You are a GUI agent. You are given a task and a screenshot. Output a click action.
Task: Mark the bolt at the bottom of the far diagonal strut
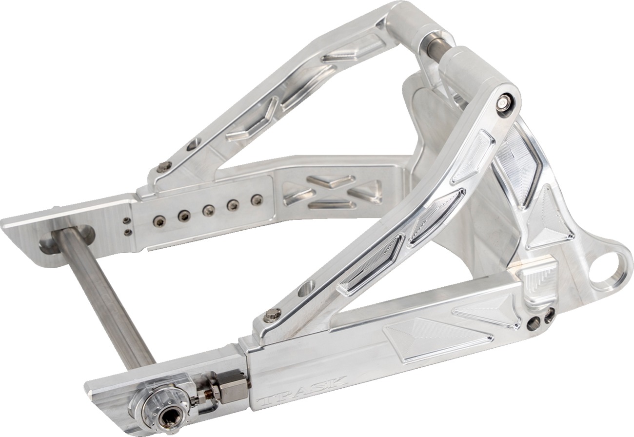[x=163, y=167]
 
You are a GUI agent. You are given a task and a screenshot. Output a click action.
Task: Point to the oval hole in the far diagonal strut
[x=194, y=144]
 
